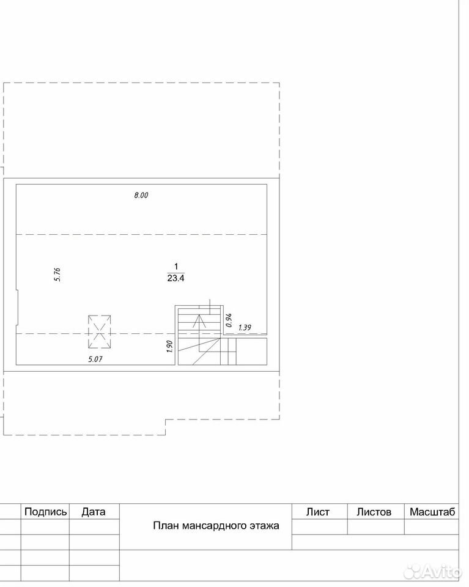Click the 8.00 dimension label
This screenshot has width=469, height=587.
click(x=141, y=195)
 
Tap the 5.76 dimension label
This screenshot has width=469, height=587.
click(x=57, y=275)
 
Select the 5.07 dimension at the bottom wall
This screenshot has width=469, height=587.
click(x=95, y=360)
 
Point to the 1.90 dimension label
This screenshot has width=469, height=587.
click(x=169, y=347)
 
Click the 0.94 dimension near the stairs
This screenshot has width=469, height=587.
click(x=229, y=320)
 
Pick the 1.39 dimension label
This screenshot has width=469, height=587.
click(x=245, y=328)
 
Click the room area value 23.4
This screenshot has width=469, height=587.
click(x=176, y=278)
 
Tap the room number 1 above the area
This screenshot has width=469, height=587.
click(x=176, y=267)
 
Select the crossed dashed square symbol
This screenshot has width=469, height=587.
click(x=100, y=331)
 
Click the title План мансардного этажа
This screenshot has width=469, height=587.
click(x=216, y=526)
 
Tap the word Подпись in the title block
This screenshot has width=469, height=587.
click(x=46, y=512)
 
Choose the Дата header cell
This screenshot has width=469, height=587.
click(x=94, y=512)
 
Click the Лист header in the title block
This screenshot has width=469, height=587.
click(x=318, y=512)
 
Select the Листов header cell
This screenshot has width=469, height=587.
click(x=374, y=512)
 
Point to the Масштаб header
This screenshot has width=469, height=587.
click(x=432, y=512)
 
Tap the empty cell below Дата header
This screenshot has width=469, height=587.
click(x=94, y=526)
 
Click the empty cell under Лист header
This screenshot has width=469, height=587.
click(x=320, y=526)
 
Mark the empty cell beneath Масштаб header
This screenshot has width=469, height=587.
click(x=432, y=526)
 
